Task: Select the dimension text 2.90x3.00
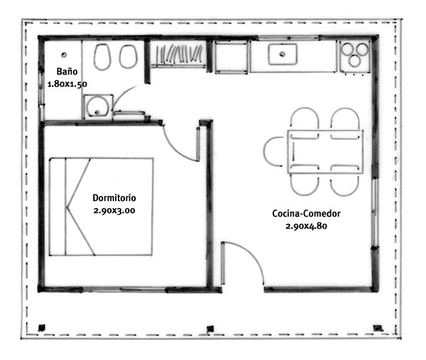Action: pyautogui.click(x=114, y=211)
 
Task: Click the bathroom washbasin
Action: pyautogui.click(x=96, y=107)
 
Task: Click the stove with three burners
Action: pyautogui.click(x=355, y=56)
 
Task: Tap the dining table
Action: pyautogui.click(x=325, y=151)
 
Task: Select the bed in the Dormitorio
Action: pyautogui.click(x=100, y=207)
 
